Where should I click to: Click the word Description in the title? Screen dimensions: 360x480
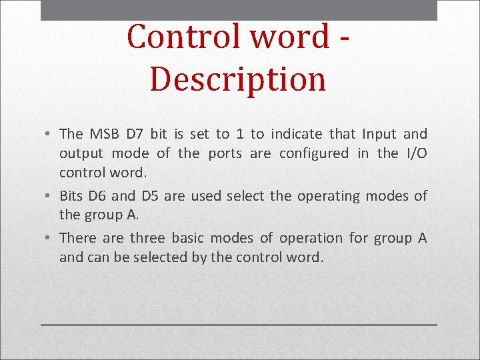tap(238, 79)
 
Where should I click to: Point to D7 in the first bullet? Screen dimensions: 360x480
tap(141, 134)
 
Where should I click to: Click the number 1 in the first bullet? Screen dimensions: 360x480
tap(239, 134)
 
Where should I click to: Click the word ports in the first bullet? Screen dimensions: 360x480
tap(225, 153)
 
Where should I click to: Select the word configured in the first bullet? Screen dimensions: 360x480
tap(313, 154)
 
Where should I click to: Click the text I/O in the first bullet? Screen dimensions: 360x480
tap(417, 153)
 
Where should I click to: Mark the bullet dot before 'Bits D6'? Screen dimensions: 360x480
tap(51, 197)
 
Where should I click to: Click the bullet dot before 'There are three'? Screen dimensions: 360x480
tap(51, 239)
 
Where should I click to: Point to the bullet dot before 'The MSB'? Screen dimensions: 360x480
tap(51, 135)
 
